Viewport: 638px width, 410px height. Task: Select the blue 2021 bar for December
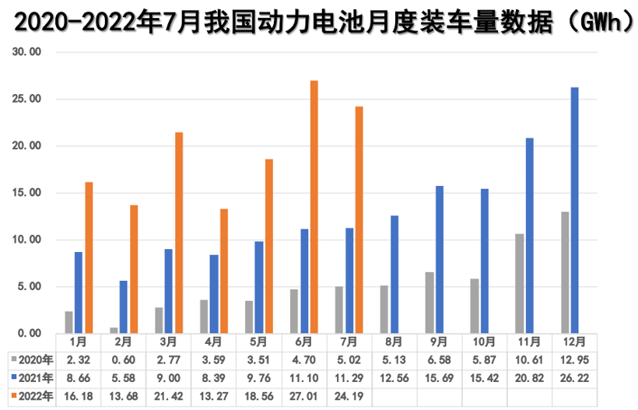575,210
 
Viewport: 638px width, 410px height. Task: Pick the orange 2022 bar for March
179,233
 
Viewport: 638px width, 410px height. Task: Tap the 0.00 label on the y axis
29,333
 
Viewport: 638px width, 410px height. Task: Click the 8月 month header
394,342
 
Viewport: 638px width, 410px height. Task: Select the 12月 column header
574,342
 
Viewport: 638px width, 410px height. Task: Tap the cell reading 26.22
574,378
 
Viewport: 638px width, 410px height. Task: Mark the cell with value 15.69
439,378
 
